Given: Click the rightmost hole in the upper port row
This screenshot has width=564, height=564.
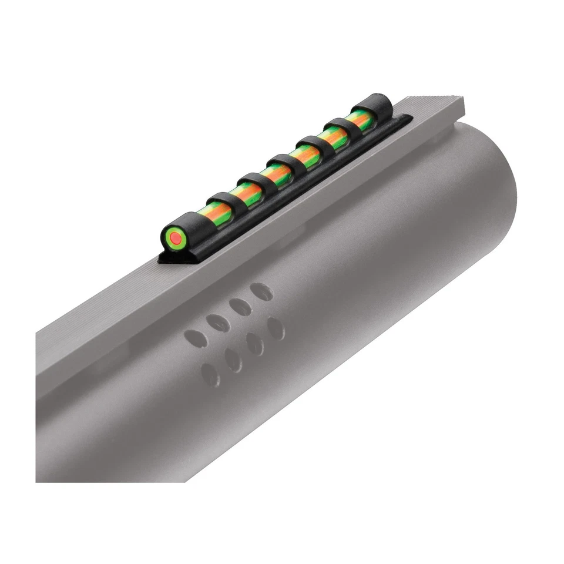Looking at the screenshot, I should click(x=261, y=291).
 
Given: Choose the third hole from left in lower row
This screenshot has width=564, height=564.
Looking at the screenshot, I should click(x=255, y=344).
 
